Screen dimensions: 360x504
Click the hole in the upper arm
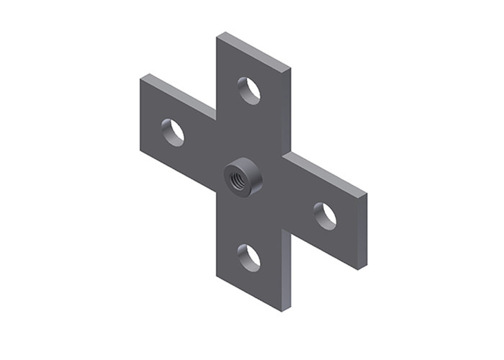249,90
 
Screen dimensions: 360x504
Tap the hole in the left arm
173,132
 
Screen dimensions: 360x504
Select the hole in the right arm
325,216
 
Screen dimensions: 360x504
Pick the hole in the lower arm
249,258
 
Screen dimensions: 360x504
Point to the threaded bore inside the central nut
238,176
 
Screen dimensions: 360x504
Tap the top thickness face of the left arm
178,93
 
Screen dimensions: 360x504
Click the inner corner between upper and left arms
216,115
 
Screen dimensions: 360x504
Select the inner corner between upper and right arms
286,152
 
